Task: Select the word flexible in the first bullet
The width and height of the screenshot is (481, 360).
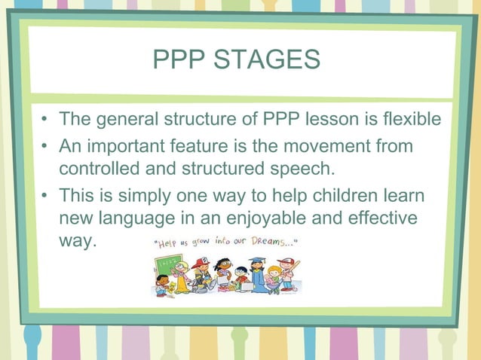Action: tap(412, 120)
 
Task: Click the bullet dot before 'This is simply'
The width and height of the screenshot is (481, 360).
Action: tap(47, 197)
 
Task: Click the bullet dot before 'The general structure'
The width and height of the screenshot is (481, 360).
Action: tap(47, 121)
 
